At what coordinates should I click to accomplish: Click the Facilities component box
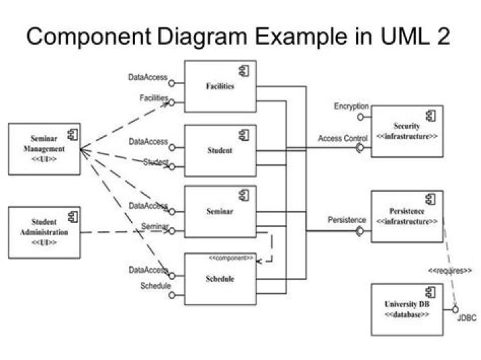(220, 87)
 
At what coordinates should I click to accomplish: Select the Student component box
(220, 150)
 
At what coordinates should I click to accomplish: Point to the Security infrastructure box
(407, 131)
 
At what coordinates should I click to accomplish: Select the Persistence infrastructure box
(407, 216)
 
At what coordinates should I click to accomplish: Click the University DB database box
(407, 309)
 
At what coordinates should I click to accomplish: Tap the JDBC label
(466, 319)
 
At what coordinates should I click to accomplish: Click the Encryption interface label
(351, 106)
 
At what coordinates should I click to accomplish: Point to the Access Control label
(343, 138)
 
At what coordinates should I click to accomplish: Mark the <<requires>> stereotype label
(450, 271)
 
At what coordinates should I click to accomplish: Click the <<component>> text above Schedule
(230, 257)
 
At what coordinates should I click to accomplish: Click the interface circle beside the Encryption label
(361, 117)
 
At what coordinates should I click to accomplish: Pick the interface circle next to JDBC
(456, 309)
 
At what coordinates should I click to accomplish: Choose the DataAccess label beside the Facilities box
(148, 78)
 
